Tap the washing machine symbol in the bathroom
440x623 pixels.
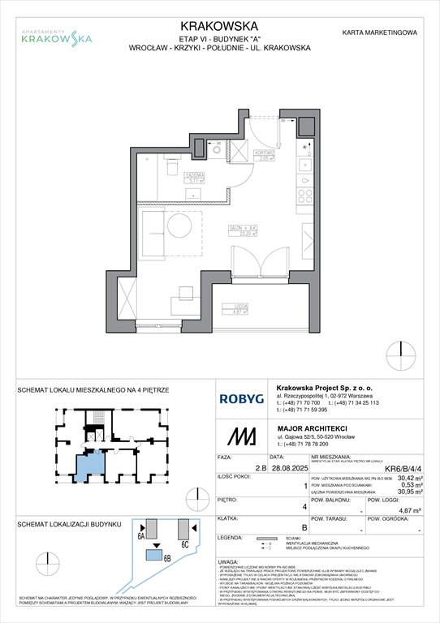tap(216, 149)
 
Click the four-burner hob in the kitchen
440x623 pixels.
tap(308, 195)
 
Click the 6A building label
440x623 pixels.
tap(141, 536)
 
